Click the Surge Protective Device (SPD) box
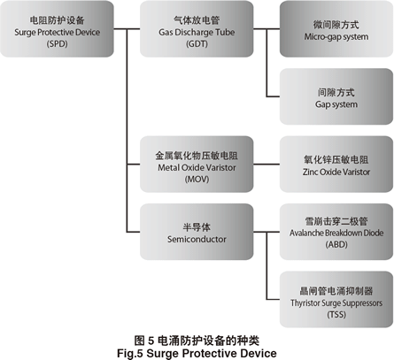tap(57, 29)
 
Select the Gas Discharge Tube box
tap(197, 29)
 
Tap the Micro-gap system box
tap(336, 29)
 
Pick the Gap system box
tap(336, 96)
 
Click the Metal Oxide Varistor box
tap(197, 165)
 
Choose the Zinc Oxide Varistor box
tap(336, 165)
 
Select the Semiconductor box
tap(197, 232)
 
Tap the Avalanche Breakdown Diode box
tap(336, 232)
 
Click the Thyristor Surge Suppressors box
tap(336, 299)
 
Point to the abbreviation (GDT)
tap(197, 44)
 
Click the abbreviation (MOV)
tap(197, 180)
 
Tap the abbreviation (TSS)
tap(336, 315)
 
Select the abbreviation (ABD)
tap(336, 244)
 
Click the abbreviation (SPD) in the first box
tap(57, 44)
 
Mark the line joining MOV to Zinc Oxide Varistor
tap(267, 165)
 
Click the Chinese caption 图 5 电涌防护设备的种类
tap(197, 341)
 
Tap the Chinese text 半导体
tap(197, 227)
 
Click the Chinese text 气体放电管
tap(197, 20)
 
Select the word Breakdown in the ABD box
tap(344, 233)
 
